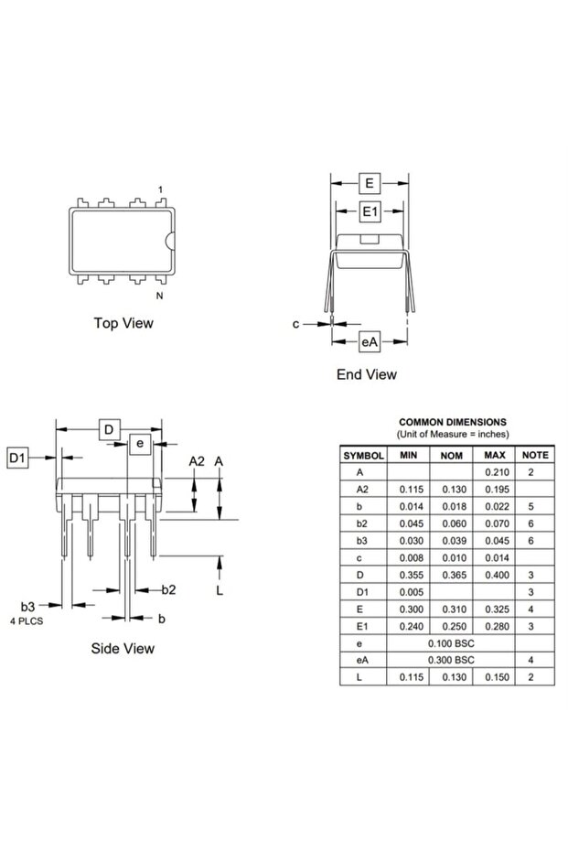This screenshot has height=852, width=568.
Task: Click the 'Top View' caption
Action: tap(123, 323)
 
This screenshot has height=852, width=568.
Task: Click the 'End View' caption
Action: tap(367, 374)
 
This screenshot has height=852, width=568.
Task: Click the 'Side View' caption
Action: tap(123, 649)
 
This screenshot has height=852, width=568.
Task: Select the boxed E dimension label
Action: tap(369, 183)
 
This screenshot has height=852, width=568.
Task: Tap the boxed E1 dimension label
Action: tap(369, 212)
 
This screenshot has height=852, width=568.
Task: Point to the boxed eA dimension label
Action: tap(369, 341)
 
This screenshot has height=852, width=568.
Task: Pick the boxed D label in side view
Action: tap(109, 430)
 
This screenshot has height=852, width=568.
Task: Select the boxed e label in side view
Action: tap(140, 443)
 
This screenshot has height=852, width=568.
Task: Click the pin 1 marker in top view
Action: tap(161, 189)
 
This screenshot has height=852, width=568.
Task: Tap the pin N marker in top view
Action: tap(159, 296)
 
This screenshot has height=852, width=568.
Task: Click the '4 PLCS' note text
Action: tap(26, 621)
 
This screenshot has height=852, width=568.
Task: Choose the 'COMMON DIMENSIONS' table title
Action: tap(453, 422)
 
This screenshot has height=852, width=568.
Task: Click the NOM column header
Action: tap(451, 455)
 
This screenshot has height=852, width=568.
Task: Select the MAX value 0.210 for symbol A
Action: tap(495, 472)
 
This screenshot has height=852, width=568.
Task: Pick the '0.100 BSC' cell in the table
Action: tap(451, 643)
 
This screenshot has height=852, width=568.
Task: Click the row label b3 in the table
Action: tap(359, 540)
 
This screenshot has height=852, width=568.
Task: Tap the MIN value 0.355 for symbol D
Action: tap(410, 575)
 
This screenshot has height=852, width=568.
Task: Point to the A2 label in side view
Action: tap(197, 461)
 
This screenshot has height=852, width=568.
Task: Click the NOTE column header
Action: tap(535, 455)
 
